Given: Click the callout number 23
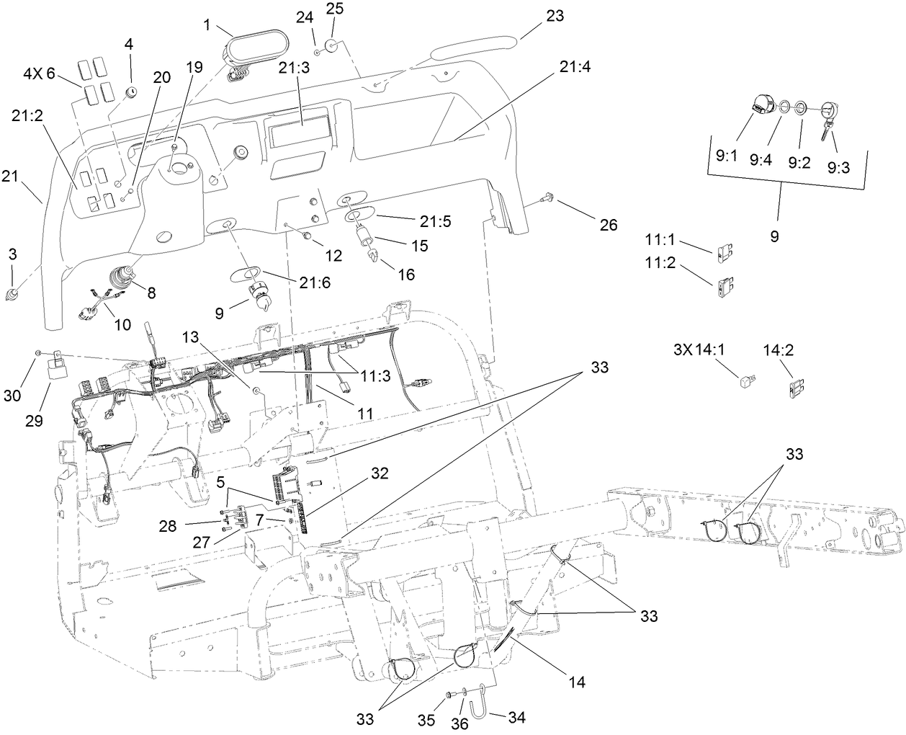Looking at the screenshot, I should [555, 16].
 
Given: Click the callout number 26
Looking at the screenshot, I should [609, 225].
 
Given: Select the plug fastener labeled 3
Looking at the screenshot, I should [12, 295].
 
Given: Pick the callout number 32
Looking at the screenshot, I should [380, 473].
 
